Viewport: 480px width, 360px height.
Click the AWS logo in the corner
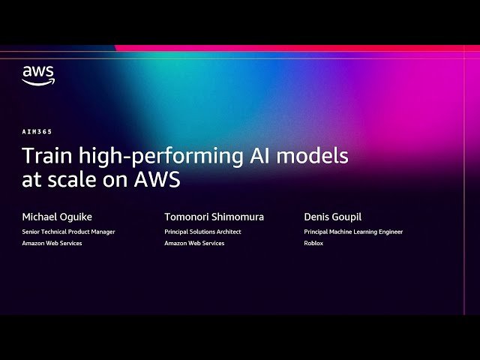point(37,75)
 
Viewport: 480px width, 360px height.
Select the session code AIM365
point(37,131)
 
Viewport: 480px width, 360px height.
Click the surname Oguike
point(77,217)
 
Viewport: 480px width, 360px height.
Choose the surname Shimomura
point(239,217)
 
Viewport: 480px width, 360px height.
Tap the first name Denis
point(317,217)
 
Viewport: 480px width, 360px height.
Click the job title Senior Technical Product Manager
point(68,232)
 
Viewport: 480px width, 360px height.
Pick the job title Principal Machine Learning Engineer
point(353,232)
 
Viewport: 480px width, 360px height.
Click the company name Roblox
point(313,243)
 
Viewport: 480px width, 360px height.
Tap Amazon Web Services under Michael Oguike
point(52,243)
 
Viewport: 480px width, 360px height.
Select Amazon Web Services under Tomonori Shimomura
point(194,243)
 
